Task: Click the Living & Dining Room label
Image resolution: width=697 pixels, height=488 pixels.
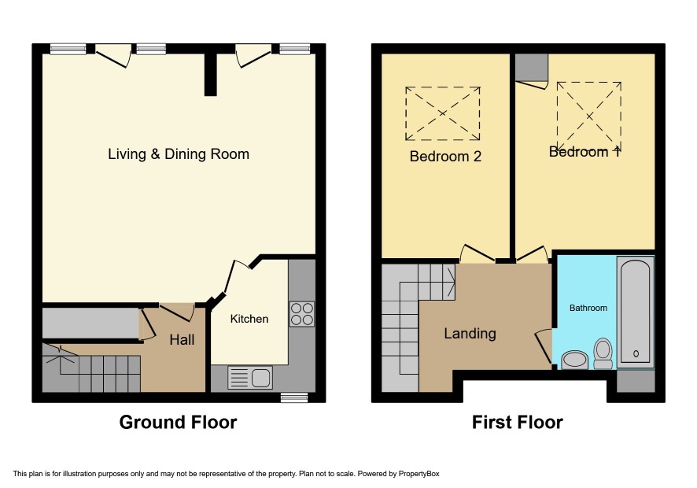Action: (x=179, y=154)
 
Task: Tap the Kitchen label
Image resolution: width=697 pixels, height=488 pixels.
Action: (x=249, y=319)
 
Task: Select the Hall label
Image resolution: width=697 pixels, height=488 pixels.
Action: (x=182, y=340)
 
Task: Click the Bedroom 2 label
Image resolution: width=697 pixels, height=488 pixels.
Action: (x=445, y=156)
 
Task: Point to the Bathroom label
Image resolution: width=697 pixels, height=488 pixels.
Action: (x=588, y=308)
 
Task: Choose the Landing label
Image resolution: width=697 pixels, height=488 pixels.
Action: (x=470, y=333)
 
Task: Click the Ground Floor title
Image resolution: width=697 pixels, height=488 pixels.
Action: (x=179, y=422)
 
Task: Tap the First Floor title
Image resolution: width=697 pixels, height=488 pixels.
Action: (x=518, y=422)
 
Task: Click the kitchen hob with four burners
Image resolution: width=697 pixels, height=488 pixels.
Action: (x=302, y=314)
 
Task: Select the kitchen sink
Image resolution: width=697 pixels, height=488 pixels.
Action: (x=250, y=378)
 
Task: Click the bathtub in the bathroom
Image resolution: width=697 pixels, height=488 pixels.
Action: (x=636, y=312)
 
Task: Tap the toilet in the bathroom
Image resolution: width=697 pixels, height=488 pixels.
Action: (x=603, y=353)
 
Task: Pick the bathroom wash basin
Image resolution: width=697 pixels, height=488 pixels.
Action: (x=575, y=360)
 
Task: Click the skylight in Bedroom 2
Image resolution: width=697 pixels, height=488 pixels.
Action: (x=443, y=113)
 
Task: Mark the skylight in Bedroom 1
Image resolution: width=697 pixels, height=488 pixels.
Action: (x=589, y=116)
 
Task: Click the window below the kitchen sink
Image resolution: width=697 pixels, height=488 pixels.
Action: (x=294, y=397)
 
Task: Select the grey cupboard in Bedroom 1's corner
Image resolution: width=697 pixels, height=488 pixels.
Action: (x=532, y=67)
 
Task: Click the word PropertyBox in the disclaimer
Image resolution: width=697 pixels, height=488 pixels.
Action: (x=419, y=474)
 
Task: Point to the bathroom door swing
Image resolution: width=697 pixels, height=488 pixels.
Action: (x=543, y=347)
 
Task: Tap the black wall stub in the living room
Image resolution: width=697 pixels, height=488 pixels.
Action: (x=210, y=74)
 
